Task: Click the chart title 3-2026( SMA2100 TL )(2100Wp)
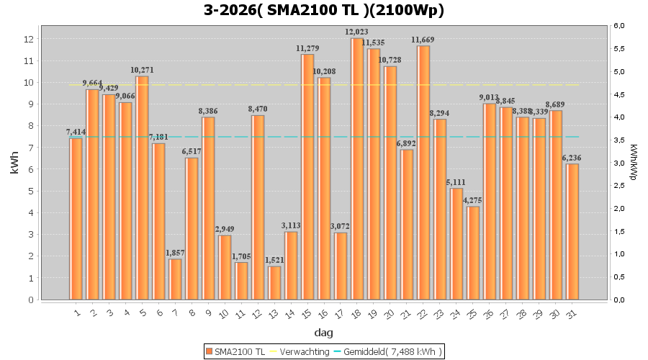323,10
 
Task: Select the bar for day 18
357,168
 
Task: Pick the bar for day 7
175,279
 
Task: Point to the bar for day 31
572,231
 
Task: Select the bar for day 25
473,253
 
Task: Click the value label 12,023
357,32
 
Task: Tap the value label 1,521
274,260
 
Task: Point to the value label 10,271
143,70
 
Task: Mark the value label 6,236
572,158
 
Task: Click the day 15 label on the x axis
306,313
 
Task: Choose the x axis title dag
323,333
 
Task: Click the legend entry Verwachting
299,351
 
